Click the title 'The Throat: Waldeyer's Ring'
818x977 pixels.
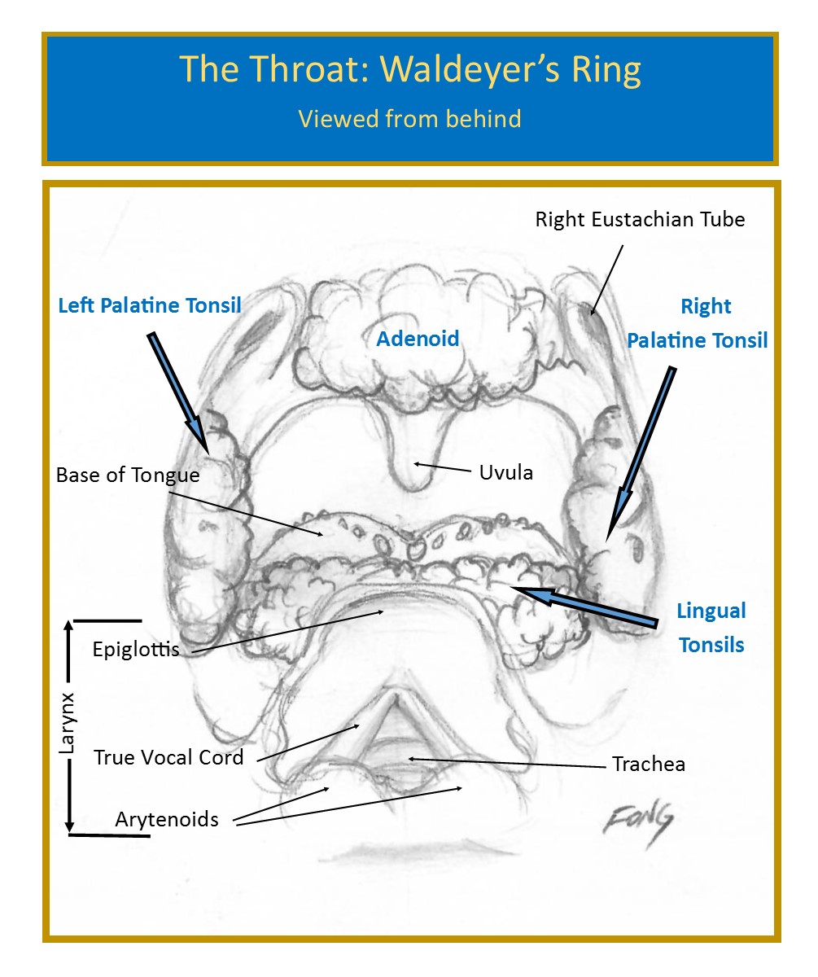click(x=409, y=70)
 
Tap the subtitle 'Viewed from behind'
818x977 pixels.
click(x=409, y=119)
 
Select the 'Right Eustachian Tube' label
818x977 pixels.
click(x=639, y=218)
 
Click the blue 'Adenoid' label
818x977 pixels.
click(x=418, y=339)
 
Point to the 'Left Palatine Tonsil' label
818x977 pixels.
click(x=150, y=306)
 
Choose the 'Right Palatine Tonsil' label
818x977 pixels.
click(x=697, y=323)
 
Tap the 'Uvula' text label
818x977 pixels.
click(x=506, y=472)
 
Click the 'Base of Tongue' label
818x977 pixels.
click(x=127, y=474)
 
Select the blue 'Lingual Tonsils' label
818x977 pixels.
click(x=711, y=628)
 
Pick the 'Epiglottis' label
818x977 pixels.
click(x=135, y=650)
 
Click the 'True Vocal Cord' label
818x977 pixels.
click(x=168, y=757)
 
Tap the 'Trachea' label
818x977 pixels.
click(x=648, y=764)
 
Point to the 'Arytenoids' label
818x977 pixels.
click(x=167, y=819)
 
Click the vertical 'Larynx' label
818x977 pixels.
click(x=68, y=723)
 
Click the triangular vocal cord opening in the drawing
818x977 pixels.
click(x=397, y=721)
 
